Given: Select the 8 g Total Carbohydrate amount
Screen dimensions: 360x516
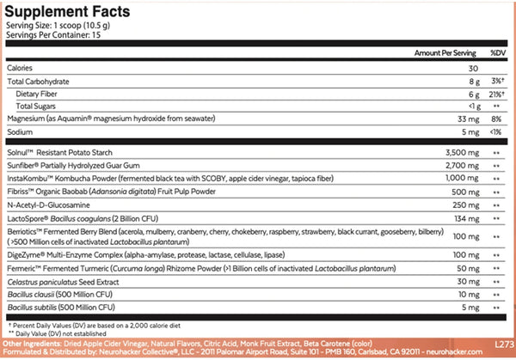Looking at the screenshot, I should [471, 80].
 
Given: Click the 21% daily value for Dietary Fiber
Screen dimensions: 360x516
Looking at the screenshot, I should [495, 93].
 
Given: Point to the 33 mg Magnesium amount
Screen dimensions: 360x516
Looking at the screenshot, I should [468, 118].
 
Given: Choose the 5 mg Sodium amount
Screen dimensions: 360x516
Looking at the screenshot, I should [470, 131].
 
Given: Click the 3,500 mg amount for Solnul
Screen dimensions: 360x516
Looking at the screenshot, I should [463, 150].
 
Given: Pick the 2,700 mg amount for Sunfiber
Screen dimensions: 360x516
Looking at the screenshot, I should [463, 163].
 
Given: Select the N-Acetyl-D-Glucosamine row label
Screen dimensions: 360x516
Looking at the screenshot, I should [48, 206].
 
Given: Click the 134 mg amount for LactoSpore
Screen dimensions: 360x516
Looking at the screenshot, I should [467, 220].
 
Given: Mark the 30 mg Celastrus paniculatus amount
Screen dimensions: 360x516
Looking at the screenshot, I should [469, 281].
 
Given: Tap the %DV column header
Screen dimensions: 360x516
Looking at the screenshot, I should [498, 52].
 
